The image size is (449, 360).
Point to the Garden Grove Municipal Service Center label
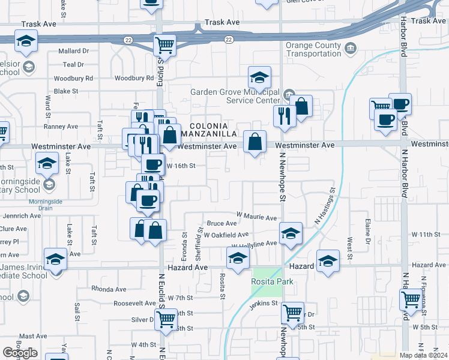pyautogui.click(x=235, y=96)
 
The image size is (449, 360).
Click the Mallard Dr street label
pyautogui.click(x=73, y=52)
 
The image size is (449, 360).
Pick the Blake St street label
pyautogui.click(x=66, y=91)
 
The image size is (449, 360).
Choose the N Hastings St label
pyautogui.click(x=324, y=205)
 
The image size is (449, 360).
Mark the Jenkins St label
pyautogui.click(x=265, y=304)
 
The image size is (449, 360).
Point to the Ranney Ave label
pyautogui.click(x=61, y=127)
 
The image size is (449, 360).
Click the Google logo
pyautogui.click(x=20, y=352)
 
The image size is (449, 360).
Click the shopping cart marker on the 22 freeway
pyautogui.click(x=164, y=44)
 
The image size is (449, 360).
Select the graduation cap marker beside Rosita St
pyautogui.click(x=238, y=259)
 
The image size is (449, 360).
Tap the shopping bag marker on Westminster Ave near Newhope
pyautogui.click(x=255, y=143)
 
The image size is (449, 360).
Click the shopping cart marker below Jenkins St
pyautogui.click(x=292, y=313)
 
